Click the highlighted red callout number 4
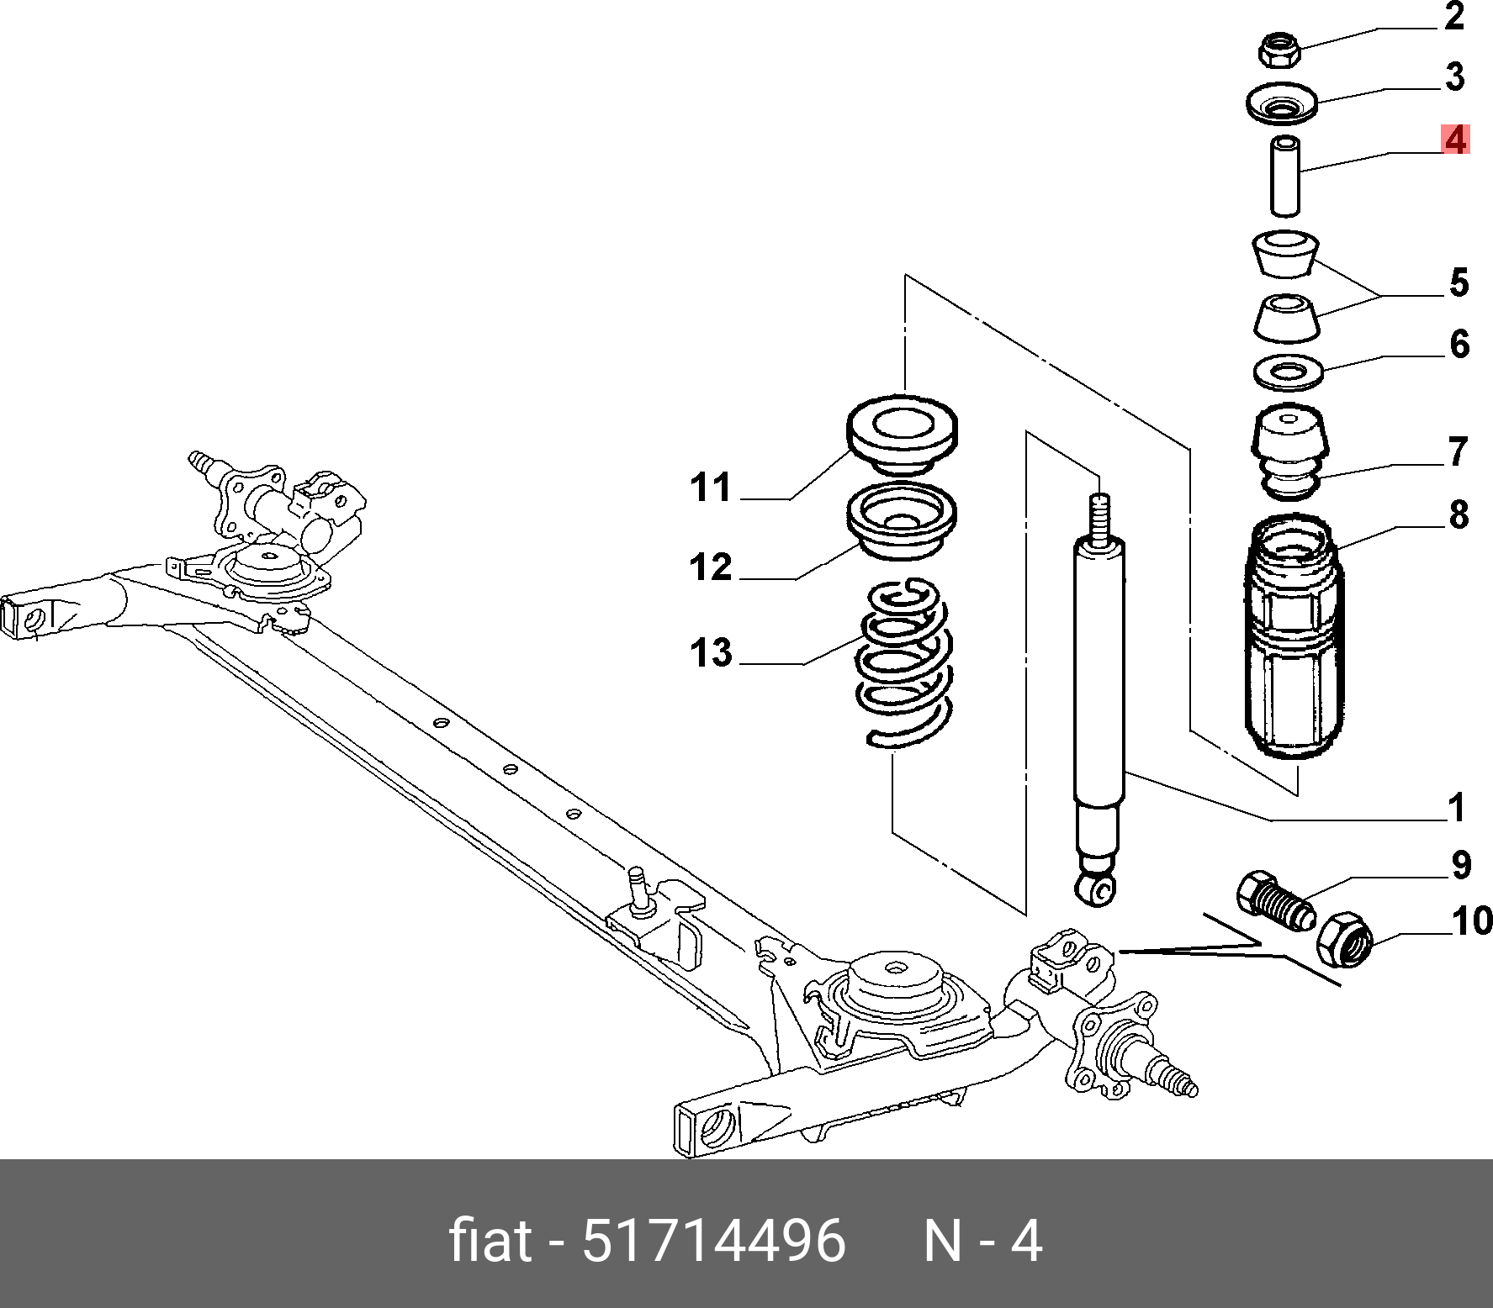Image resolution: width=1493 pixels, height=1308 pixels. pos(1455,140)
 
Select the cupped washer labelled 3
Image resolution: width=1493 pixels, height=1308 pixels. pos(1281,104)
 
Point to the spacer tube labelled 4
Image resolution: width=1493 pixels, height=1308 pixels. pos(1284,176)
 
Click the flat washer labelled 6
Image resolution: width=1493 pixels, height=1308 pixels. pos(1288,372)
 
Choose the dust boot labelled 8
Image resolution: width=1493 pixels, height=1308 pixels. pos(1293,639)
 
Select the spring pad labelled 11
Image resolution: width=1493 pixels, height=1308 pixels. pos(902,433)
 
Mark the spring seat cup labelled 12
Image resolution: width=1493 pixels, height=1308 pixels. pos(902,521)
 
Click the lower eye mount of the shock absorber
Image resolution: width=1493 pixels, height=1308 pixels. pos(1095,888)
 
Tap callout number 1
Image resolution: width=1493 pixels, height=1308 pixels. pos(1457,808)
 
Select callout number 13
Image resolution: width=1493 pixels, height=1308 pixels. pos(711,653)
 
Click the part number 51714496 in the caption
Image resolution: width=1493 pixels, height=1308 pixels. pos(713,1240)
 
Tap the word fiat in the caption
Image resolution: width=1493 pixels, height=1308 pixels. pos(490,1240)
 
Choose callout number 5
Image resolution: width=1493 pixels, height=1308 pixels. pos(1459,282)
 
